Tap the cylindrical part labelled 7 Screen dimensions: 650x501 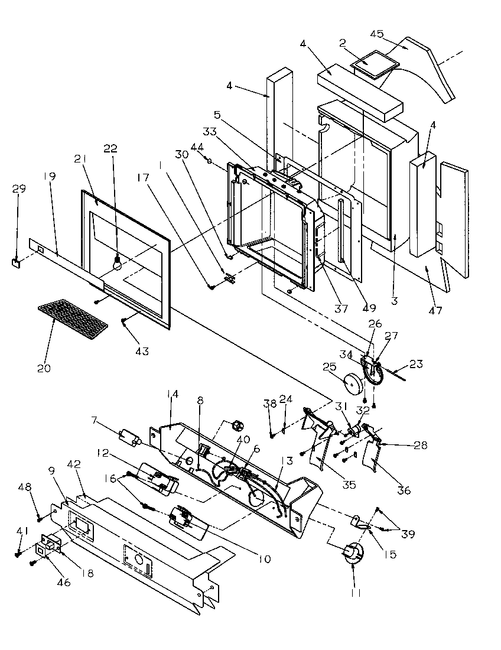tap(129, 438)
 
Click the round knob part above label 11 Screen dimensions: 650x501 tap(353, 554)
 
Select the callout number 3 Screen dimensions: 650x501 tap(394, 301)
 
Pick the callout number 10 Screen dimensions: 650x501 tap(265, 558)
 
